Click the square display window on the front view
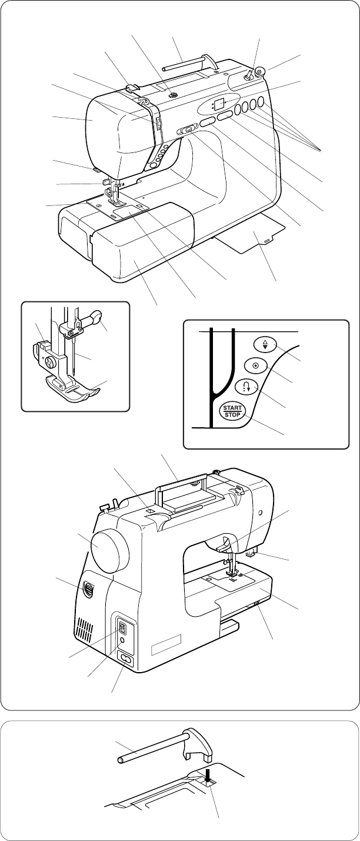click(219, 105)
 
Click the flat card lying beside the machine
click(254, 239)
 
